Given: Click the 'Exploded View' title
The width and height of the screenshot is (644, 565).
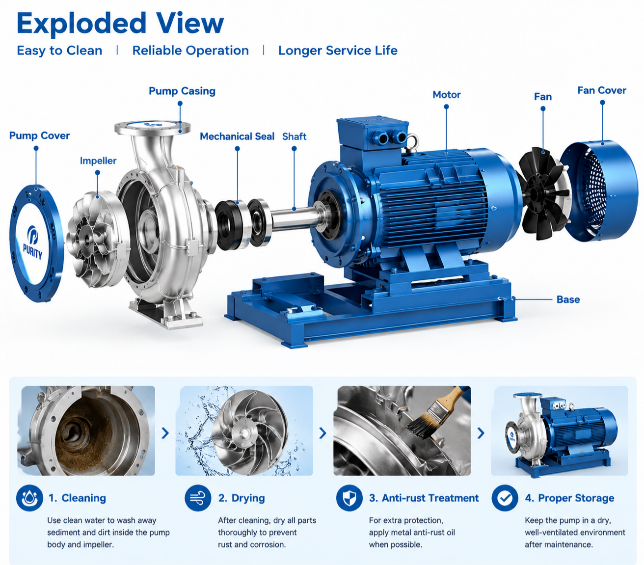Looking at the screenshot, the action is tap(120, 24).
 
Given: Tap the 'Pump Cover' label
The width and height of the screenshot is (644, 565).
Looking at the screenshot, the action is tap(39, 135).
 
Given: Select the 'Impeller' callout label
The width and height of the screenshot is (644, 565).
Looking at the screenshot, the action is tap(98, 161).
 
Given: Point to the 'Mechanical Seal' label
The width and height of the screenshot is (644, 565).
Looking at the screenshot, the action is tap(237, 136).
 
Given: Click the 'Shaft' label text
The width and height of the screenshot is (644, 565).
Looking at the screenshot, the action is tap(295, 136).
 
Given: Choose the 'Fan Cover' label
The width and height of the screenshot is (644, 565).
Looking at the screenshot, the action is tap(602, 90).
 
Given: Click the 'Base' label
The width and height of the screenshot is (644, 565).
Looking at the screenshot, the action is tap(568, 299).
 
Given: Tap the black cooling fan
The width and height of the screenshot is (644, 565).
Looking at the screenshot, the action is tap(543, 193).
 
